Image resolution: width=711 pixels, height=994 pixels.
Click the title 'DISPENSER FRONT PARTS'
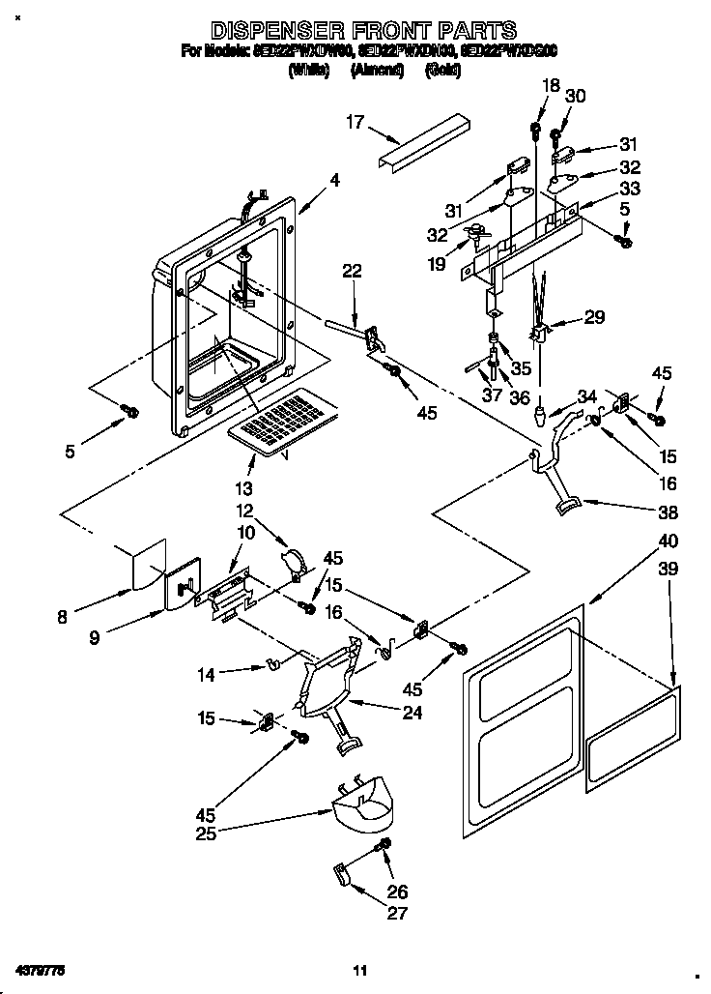[363, 30]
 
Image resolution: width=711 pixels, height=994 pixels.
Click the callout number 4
[334, 179]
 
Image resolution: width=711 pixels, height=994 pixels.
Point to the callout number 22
[352, 272]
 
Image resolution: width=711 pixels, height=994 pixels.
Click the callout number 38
[667, 512]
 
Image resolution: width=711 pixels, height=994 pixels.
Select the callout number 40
[668, 541]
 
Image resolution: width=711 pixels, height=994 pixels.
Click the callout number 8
[62, 617]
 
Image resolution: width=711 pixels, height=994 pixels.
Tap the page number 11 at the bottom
[359, 970]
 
